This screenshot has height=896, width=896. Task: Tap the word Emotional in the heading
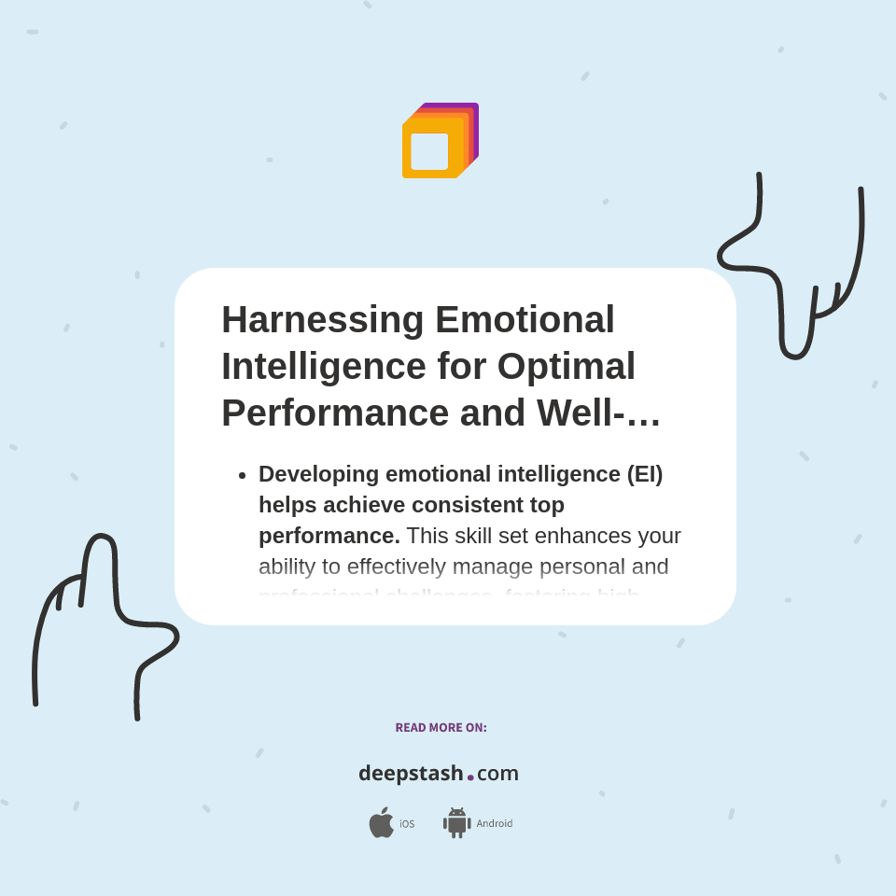point(525,320)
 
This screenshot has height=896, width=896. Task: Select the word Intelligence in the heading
point(323,367)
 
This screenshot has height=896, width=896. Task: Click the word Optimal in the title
point(566,367)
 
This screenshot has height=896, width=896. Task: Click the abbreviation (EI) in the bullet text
point(644,474)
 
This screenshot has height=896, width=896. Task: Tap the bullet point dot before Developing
point(242,475)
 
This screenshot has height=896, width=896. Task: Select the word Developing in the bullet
point(318,474)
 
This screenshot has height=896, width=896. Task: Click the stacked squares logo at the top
point(440,140)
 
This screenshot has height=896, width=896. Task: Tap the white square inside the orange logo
point(429,151)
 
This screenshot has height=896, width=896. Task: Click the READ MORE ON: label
point(441,728)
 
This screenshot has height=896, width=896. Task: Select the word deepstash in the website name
point(411,774)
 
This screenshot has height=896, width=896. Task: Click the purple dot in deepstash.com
point(470,777)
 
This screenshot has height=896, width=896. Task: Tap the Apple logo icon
point(381,823)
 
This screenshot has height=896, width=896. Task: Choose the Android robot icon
point(456,823)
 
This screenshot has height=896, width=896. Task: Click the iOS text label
point(407,824)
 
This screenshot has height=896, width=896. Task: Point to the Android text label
point(494,824)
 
